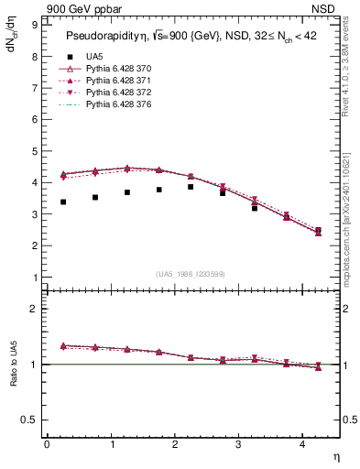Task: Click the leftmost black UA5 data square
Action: click(63, 202)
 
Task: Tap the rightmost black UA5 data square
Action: click(318, 231)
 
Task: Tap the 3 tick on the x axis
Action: click(238, 444)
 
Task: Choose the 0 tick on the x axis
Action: click(47, 444)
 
